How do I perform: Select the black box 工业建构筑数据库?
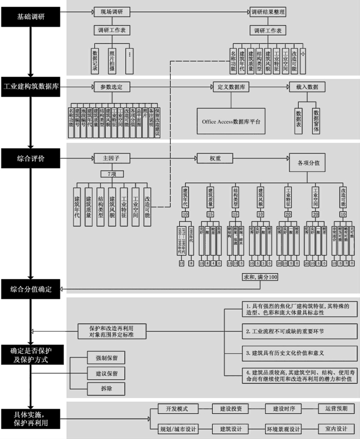tap(30, 86)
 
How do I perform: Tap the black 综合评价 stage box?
tap(30, 158)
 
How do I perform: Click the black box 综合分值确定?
tap(30, 289)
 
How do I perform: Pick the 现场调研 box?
tap(112, 11)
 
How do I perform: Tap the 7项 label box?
tap(111, 174)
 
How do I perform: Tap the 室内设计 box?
tap(336, 428)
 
